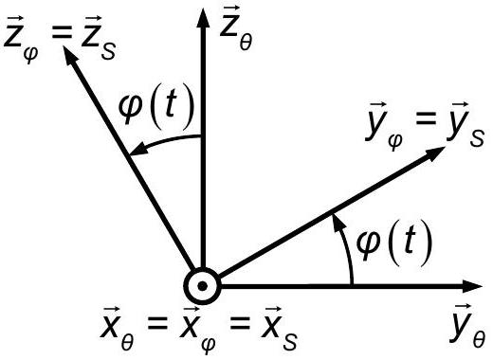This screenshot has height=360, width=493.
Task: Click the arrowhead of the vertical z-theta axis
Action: pyautogui.click(x=203, y=18)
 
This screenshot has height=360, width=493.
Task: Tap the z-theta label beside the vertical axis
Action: pyautogui.click(x=236, y=29)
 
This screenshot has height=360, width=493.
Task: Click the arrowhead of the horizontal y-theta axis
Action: pyautogui.click(x=471, y=286)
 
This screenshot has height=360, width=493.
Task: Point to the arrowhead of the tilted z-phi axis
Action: pyautogui.click(x=70, y=57)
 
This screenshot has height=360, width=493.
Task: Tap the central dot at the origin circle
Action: pyautogui.click(x=202, y=286)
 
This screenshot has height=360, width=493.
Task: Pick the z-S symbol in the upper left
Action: pyautogui.click(x=99, y=35)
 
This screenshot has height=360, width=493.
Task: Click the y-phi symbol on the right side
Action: pyautogui.click(x=384, y=126)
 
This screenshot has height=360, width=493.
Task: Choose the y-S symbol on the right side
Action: pyautogui.click(x=466, y=124)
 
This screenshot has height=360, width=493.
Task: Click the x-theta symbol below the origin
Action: pyautogui.click(x=117, y=329)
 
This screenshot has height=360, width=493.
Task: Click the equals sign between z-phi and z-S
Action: pyautogui.click(x=62, y=32)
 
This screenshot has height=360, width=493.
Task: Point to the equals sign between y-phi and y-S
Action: pyautogui.click(x=426, y=120)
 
